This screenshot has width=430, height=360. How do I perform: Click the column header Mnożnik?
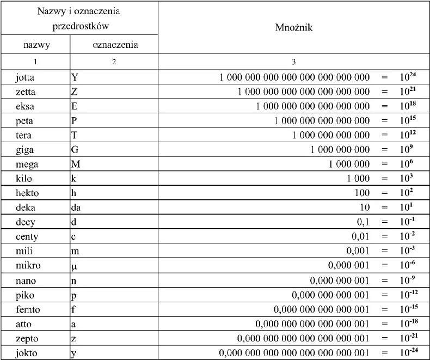pyautogui.click(x=294, y=27)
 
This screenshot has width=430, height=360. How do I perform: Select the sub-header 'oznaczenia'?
pyautogui.click(x=114, y=45)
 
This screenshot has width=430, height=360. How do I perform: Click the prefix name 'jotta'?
pyautogui.click(x=26, y=77)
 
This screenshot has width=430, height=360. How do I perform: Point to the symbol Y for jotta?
pyautogui.click(x=75, y=77)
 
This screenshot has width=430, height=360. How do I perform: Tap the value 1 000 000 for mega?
pyautogui.click(x=348, y=163)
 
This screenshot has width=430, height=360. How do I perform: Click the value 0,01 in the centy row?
pyautogui.click(x=358, y=236)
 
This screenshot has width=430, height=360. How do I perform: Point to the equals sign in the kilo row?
pyautogui.click(x=385, y=178)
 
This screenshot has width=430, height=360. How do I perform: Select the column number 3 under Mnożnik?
pyautogui.click(x=294, y=62)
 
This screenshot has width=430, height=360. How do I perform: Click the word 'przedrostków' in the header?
pyautogui.click(x=79, y=26)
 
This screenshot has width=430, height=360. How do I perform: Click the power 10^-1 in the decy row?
pyautogui.click(x=406, y=221)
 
